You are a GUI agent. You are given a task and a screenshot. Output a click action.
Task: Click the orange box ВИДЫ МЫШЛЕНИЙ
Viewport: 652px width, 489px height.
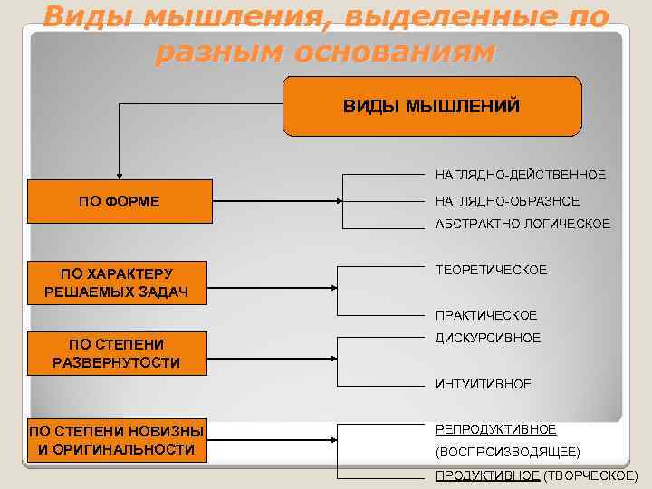tap(432, 107)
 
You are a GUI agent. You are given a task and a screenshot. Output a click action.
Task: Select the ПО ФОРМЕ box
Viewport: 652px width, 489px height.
tap(119, 201)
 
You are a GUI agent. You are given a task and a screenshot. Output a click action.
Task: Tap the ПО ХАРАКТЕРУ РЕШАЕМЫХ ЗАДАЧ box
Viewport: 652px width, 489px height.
tap(119, 283)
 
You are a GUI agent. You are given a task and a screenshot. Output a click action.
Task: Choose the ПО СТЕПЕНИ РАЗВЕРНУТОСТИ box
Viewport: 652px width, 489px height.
tap(117, 353)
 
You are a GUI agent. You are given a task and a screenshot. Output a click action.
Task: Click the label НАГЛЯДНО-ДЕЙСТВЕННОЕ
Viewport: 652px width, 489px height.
tap(520, 173)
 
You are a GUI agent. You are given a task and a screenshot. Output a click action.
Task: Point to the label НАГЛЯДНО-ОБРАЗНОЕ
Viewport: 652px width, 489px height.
tap(507, 200)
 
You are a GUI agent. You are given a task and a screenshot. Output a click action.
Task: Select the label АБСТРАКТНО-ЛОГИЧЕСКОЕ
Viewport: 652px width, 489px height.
tap(523, 223)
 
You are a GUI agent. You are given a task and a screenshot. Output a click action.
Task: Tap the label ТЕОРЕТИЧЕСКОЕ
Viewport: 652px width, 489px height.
tap(491, 270)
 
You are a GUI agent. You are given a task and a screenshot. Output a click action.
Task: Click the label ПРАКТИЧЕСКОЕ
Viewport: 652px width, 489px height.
tap(485, 315)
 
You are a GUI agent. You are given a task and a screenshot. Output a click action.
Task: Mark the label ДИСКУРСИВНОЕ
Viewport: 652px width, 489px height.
tap(487, 338)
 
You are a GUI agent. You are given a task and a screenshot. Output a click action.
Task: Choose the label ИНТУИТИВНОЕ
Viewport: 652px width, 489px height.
tap(483, 384)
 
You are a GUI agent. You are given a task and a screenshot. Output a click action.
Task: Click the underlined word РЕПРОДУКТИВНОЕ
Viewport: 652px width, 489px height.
tap(495, 429)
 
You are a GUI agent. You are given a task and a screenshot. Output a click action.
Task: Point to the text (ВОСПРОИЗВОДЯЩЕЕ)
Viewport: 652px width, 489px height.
tap(507, 451)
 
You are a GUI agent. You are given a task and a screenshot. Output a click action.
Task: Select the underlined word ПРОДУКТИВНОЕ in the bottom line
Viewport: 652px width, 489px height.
tap(487, 475)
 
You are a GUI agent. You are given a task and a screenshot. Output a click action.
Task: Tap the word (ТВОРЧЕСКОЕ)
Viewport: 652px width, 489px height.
tap(590, 475)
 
